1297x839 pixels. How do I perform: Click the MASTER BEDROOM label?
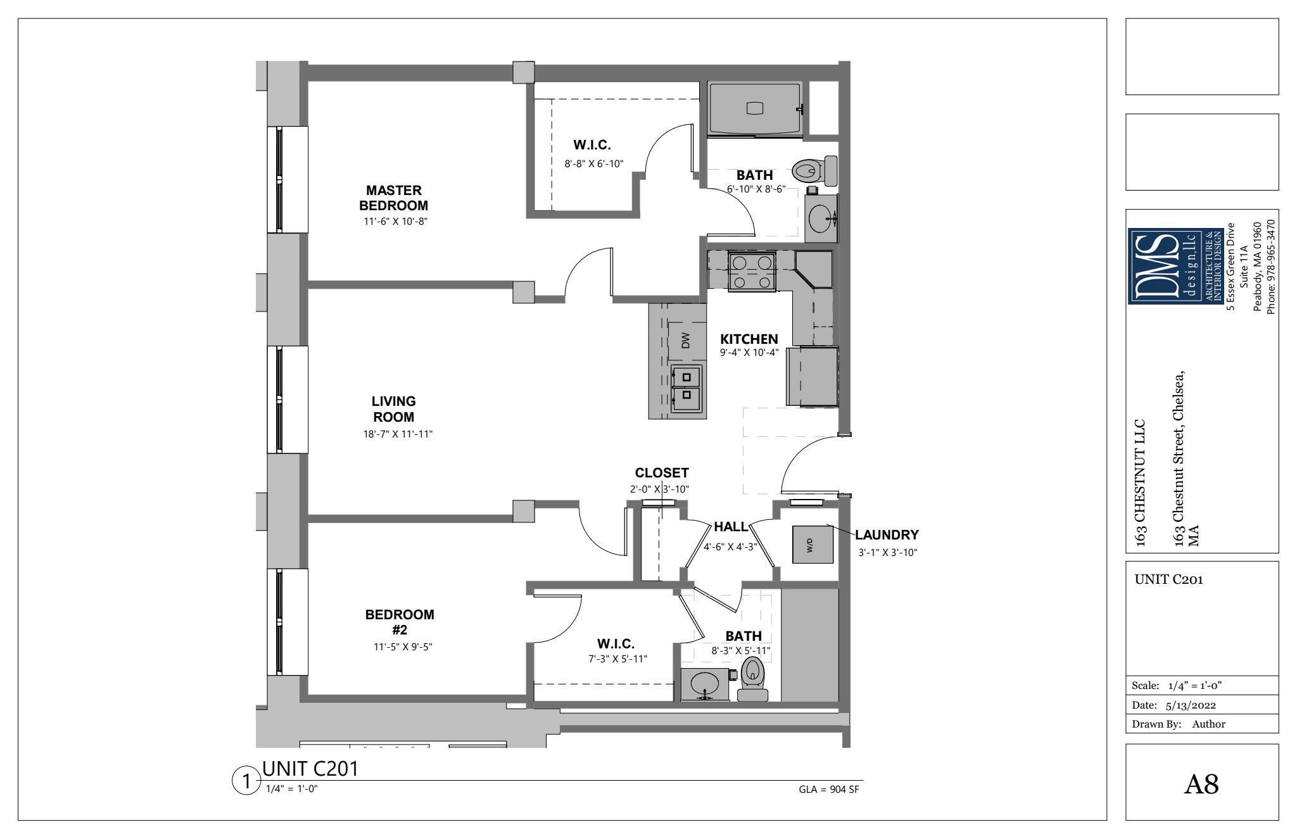pyautogui.click(x=393, y=198)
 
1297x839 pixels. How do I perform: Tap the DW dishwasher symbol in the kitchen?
pyautogui.click(x=685, y=341)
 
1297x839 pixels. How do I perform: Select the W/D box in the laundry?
pyautogui.click(x=813, y=544)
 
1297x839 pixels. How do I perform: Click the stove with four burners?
pyautogui.click(x=752, y=272)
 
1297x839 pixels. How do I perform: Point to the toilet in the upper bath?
pyautogui.click(x=814, y=170)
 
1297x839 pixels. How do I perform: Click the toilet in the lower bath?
pyautogui.click(x=752, y=678)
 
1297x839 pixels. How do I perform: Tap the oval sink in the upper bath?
pyautogui.click(x=821, y=218)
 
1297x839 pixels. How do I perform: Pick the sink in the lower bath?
pyautogui.click(x=704, y=684)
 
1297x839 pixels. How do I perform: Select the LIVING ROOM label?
pyautogui.click(x=393, y=409)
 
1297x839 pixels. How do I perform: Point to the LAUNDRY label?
pyautogui.click(x=887, y=535)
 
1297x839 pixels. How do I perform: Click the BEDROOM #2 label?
pyautogui.click(x=400, y=622)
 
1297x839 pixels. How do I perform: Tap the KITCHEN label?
pyautogui.click(x=749, y=339)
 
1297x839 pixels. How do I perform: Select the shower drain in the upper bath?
pyautogui.click(x=756, y=108)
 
